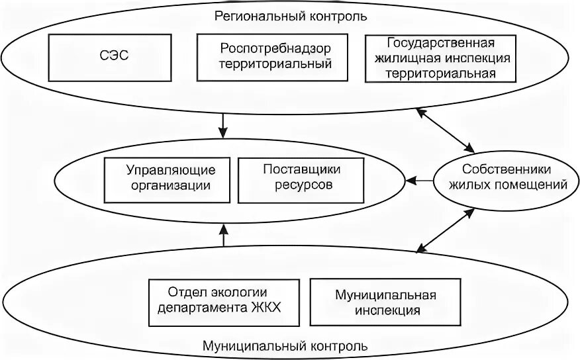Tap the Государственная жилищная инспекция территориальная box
click(x=440, y=58)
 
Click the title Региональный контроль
click(x=290, y=15)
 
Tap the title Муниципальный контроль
click(x=290, y=345)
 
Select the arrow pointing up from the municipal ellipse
click(x=223, y=236)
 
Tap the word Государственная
click(x=440, y=44)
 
